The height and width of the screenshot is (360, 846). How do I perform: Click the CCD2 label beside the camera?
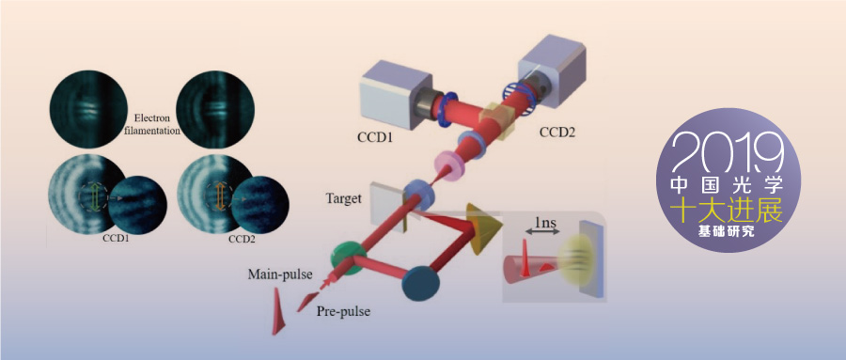pos(557,132)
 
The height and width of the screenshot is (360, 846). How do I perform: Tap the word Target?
pos(344,198)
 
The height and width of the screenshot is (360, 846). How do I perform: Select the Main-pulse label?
pos(280,274)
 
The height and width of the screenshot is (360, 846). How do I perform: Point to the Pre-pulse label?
pos(343,311)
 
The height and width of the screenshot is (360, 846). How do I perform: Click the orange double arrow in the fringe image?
pos(221,197)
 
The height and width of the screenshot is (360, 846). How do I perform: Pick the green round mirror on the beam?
pos(348,258)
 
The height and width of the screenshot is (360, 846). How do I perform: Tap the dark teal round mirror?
pos(421,282)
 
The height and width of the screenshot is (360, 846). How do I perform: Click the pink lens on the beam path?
pos(447,164)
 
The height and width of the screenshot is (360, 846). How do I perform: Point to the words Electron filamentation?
pos(154,125)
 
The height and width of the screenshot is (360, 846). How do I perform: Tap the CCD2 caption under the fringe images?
pos(243,239)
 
